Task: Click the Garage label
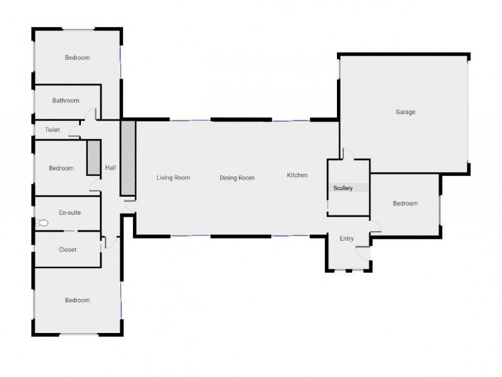pyautogui.click(x=405, y=112)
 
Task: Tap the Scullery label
pyautogui.click(x=343, y=188)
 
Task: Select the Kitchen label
pyautogui.click(x=297, y=175)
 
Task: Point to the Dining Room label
pyautogui.click(x=237, y=178)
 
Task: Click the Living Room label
pyautogui.click(x=173, y=178)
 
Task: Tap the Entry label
pyautogui.click(x=347, y=239)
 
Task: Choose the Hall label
pyautogui.click(x=110, y=167)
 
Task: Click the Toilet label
pyautogui.click(x=52, y=130)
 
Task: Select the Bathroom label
pyautogui.click(x=66, y=101)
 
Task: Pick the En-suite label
pyautogui.click(x=70, y=212)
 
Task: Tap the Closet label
pyautogui.click(x=68, y=249)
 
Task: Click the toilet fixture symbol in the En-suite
pyautogui.click(x=41, y=222)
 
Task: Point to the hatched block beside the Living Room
pyautogui.click(x=128, y=158)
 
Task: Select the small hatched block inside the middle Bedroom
pyautogui.click(x=93, y=158)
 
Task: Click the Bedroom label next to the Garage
pyautogui.click(x=405, y=203)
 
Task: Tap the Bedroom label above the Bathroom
pyautogui.click(x=77, y=58)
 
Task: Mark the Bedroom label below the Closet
pyautogui.click(x=77, y=300)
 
